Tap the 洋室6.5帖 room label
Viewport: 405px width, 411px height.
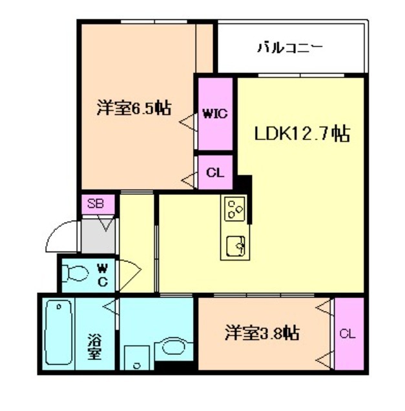pos(134,108)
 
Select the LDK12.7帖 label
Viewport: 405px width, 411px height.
pos(302,134)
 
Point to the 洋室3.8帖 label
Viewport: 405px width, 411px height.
pos(262,334)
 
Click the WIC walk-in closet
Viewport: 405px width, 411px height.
pos(214,114)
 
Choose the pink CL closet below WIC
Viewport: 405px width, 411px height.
pos(215,173)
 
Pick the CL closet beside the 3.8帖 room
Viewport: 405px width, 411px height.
pos(348,334)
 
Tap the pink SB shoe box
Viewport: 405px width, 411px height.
pos(96,204)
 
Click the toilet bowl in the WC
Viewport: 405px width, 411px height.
pos(77,274)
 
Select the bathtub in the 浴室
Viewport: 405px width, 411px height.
pos(57,334)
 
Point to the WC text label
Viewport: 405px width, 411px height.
pos(103,273)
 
